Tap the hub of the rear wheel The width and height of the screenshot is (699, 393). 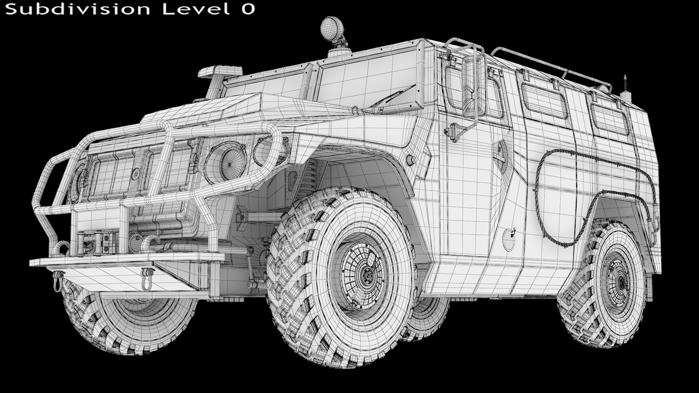tap(620, 281)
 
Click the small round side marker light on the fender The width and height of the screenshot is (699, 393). tap(410, 159)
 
